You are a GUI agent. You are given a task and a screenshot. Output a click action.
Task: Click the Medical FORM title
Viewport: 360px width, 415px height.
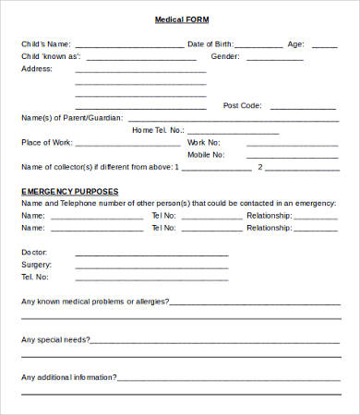pyautogui.click(x=179, y=19)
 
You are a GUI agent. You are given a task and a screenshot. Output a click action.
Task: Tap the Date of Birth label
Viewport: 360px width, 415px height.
pyautogui.click(x=210, y=43)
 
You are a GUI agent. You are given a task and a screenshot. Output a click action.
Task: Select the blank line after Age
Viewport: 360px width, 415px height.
pyautogui.click(x=324, y=45)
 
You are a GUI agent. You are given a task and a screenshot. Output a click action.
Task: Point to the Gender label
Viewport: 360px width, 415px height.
pyautogui.click(x=225, y=56)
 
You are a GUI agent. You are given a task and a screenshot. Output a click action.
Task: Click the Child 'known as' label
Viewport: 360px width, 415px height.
pyautogui.click(x=51, y=56)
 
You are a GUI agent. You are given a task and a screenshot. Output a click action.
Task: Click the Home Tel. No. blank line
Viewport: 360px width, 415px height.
pyautogui.click(x=232, y=132)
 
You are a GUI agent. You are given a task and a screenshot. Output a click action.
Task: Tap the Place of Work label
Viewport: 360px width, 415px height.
pyautogui.click(x=46, y=142)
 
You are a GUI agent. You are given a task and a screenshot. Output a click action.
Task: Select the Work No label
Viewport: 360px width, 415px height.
pyautogui.click(x=203, y=142)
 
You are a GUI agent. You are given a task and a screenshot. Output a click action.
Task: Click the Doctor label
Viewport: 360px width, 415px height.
pyautogui.click(x=34, y=252)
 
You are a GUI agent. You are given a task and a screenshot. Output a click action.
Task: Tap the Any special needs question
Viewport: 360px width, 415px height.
pyautogui.click(x=55, y=339)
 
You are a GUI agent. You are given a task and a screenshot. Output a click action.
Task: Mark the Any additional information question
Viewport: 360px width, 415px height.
pyautogui.click(x=69, y=377)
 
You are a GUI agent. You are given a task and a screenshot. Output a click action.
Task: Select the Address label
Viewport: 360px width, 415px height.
pyautogui.click(x=36, y=68)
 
